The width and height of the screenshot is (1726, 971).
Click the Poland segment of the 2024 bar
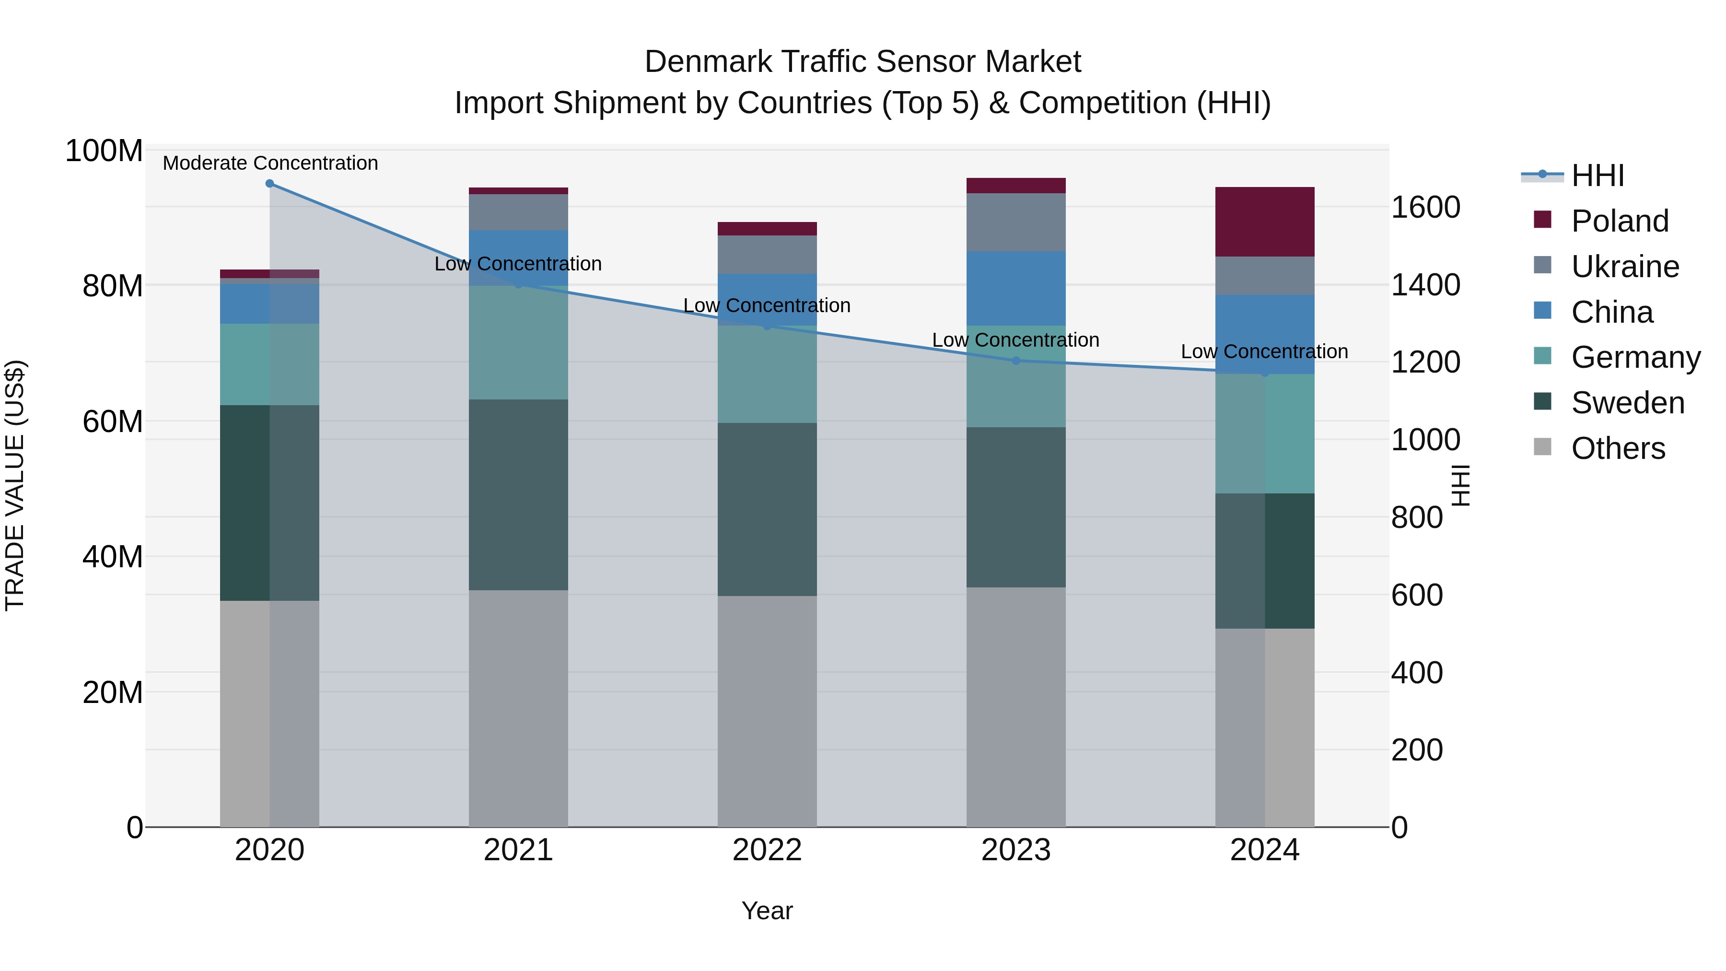pyautogui.click(x=1264, y=222)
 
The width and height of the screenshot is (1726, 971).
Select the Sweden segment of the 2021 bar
pyautogui.click(x=518, y=494)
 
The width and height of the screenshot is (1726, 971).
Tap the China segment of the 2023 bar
pyautogui.click(x=1016, y=288)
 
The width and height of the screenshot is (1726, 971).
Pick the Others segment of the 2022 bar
pyautogui.click(x=767, y=710)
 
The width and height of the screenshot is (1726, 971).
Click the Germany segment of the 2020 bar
pyautogui.click(x=269, y=364)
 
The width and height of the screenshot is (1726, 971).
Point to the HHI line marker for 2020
pyautogui.click(x=269, y=184)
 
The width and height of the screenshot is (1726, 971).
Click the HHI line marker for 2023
pyautogui.click(x=1016, y=361)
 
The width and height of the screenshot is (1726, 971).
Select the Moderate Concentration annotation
pyautogui.click(x=270, y=163)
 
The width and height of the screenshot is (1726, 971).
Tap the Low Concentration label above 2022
pyautogui.click(x=767, y=305)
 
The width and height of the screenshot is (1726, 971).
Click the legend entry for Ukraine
pyautogui.click(x=1625, y=267)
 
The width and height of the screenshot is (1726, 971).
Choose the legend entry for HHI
pyautogui.click(x=1598, y=175)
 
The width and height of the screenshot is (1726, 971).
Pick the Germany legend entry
pyautogui.click(x=1635, y=357)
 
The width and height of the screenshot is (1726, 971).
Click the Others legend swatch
pyautogui.click(x=1542, y=447)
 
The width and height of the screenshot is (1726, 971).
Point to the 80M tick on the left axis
pyautogui.click(x=113, y=286)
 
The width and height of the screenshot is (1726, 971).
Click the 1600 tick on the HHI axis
pyautogui.click(x=1425, y=207)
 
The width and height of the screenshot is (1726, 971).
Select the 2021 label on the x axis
pyautogui.click(x=518, y=850)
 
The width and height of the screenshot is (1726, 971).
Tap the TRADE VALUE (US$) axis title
pyautogui.click(x=15, y=485)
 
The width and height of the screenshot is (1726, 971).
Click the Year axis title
pyautogui.click(x=767, y=911)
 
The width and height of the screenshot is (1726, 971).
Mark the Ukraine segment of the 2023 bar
pyautogui.click(x=1016, y=222)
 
